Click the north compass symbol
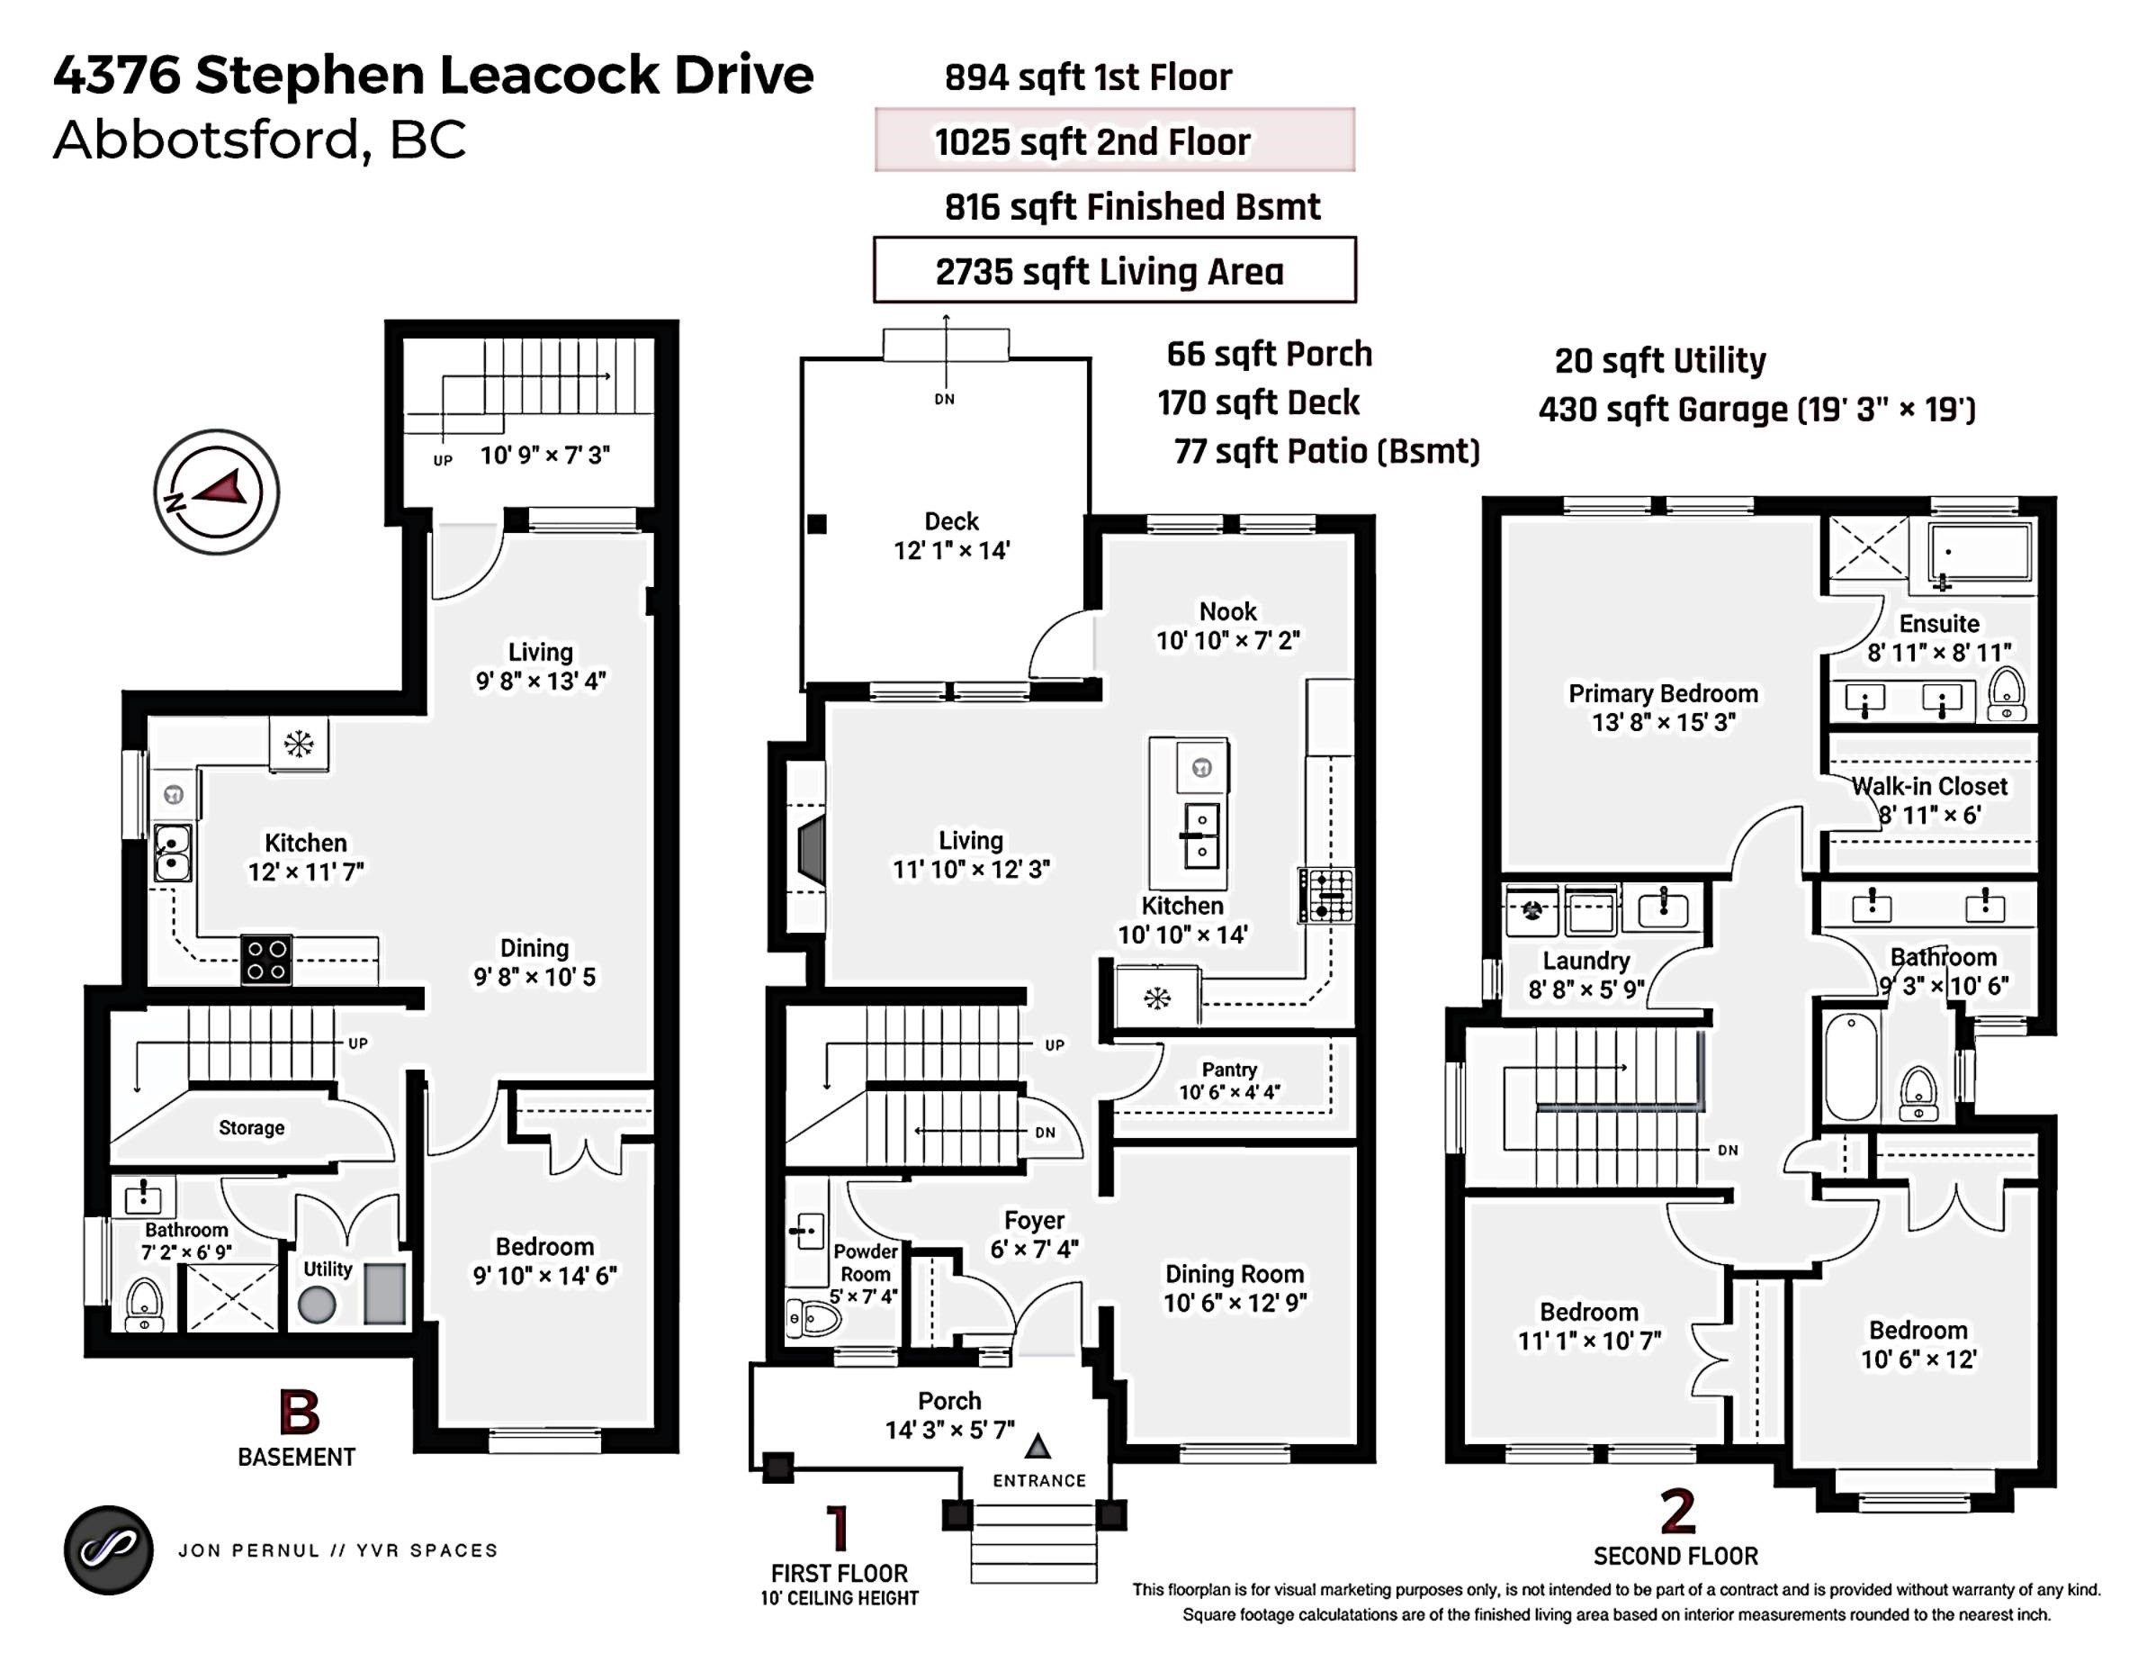pos(216,492)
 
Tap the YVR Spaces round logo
pos(109,1549)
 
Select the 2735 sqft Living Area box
pos(1114,270)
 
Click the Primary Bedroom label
pos(1663,693)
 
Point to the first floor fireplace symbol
pos(811,846)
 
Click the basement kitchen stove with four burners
pos(266,960)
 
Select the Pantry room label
pos(1229,1070)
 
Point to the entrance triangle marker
pos(1038,1446)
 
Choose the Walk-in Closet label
pos(1928,786)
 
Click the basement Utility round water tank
pos(317,1305)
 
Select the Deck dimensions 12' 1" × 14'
pos(951,550)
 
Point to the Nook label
pos(1227,611)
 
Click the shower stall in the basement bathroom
pos(231,1297)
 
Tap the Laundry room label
pos(1586,961)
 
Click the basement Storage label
pos(252,1127)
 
